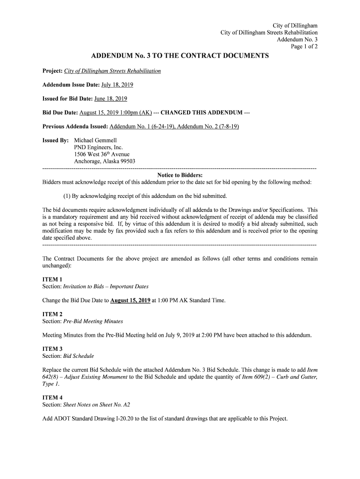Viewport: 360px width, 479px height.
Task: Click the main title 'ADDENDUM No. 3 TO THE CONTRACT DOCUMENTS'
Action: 180,56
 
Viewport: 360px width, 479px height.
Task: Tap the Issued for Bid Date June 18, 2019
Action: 111,99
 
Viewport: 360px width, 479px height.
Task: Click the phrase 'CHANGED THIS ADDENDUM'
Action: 202,113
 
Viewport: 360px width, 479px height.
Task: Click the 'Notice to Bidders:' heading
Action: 180,175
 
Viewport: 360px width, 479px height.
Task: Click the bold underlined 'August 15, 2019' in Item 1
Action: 130,300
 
